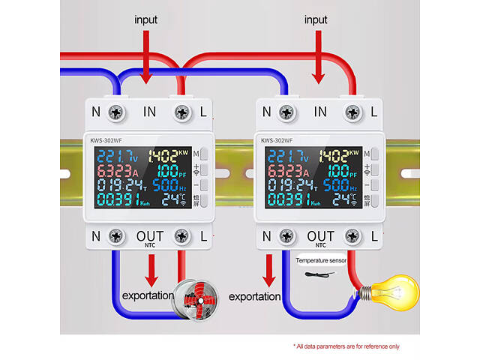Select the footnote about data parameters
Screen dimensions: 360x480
346,346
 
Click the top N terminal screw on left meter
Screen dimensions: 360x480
115,112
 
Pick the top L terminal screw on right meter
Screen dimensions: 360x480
352,112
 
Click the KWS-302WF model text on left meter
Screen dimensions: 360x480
106,139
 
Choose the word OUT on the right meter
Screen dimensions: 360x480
320,236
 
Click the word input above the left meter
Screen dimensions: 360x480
147,19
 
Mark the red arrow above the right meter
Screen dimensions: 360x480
319,60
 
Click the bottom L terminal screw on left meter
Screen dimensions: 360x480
180,237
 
